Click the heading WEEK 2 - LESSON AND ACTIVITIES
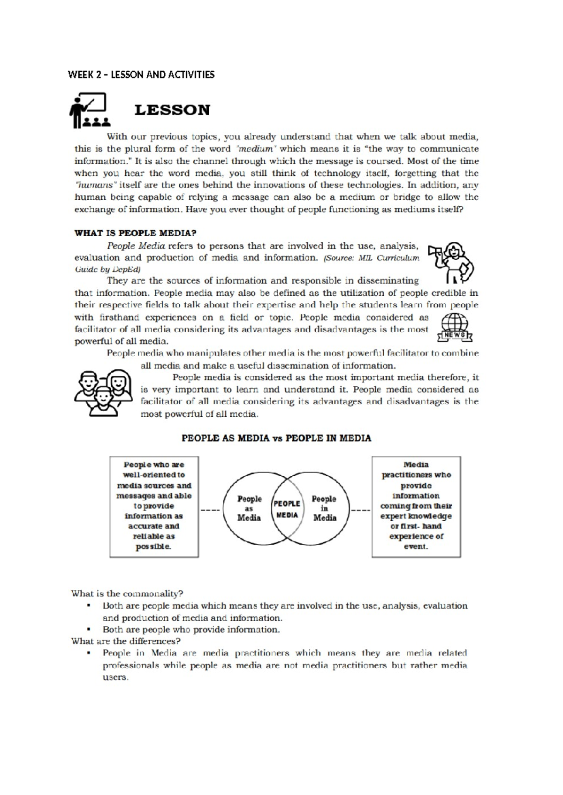tap(141, 75)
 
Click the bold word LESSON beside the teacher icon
tap(172, 110)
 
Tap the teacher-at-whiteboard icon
tap(90, 110)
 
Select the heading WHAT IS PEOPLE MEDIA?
tap(135, 233)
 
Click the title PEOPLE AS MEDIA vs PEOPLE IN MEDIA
tap(276, 438)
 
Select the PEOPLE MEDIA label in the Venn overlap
tap(287, 509)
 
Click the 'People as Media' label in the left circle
tap(249, 509)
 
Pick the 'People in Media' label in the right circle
tap(324, 509)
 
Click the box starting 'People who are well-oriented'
tap(154, 506)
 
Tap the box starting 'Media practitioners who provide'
tap(416, 506)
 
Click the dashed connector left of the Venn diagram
tap(210, 510)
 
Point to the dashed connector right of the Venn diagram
tap(361, 510)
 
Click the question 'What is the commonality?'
tap(127, 593)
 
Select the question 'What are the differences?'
tap(125, 641)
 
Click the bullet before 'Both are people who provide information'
tap(88, 630)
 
